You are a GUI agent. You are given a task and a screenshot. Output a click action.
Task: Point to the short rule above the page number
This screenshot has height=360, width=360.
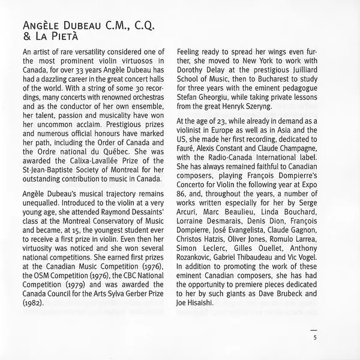click(313, 329)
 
